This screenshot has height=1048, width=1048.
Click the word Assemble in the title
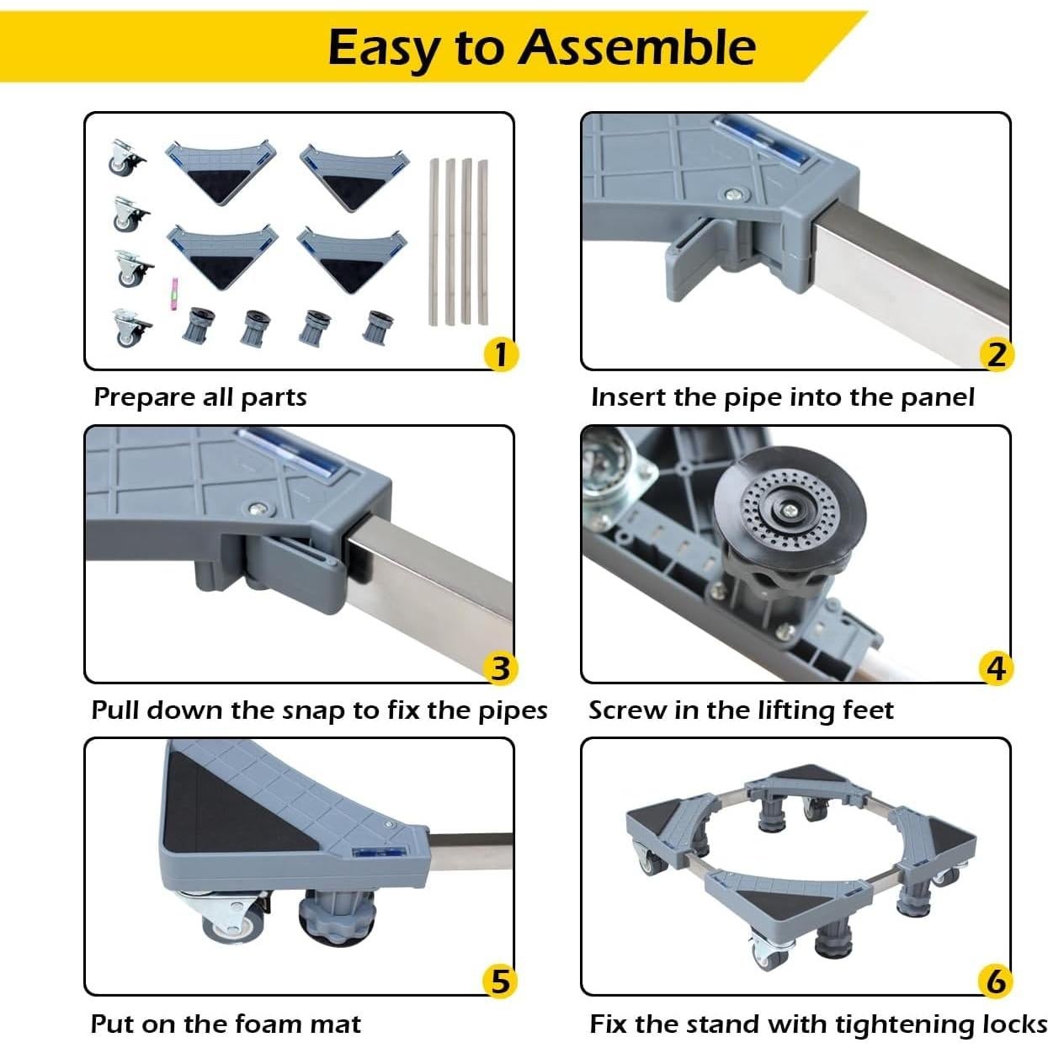click(x=637, y=46)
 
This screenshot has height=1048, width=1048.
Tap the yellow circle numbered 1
click(x=500, y=354)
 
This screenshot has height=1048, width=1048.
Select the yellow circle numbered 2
click(x=997, y=354)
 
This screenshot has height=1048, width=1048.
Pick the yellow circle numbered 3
click(x=500, y=668)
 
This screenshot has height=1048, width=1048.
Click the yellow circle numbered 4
click(x=997, y=668)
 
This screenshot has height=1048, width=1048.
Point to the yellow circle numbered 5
click(x=500, y=982)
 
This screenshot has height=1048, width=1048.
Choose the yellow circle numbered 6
click(x=997, y=982)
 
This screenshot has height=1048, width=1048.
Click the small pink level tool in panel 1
click(x=176, y=291)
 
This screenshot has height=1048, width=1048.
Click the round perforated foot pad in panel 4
click(x=789, y=510)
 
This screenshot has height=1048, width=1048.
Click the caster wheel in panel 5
click(x=229, y=921)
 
